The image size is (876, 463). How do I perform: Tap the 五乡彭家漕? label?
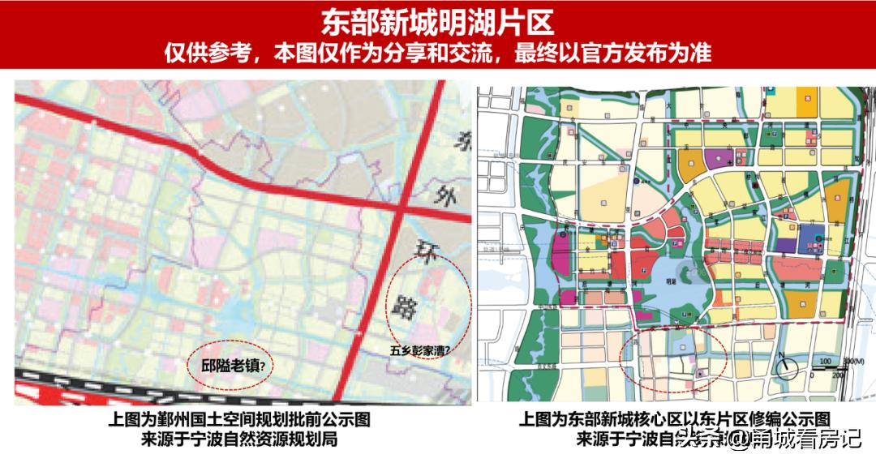420,351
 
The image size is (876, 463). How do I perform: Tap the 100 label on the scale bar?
826,361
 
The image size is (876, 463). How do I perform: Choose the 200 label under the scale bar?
838,375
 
